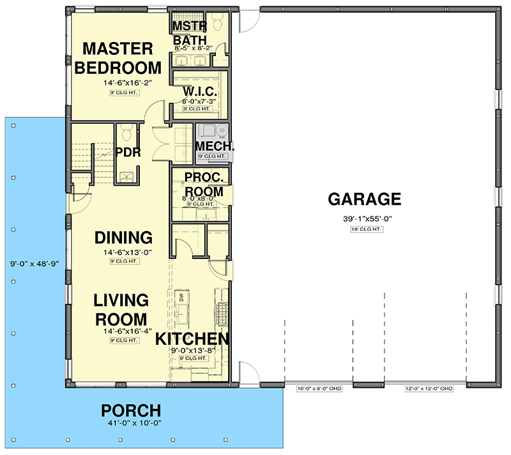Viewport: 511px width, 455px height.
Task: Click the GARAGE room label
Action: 364,199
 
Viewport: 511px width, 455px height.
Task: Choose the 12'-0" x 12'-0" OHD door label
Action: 429,389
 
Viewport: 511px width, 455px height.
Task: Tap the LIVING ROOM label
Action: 121,309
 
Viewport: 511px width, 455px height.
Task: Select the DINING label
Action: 123,238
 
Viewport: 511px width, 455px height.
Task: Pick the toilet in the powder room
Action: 126,132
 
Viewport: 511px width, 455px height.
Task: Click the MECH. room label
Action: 215,145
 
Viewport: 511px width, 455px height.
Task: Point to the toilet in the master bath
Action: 217,24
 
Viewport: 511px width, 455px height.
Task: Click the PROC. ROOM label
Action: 204,184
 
